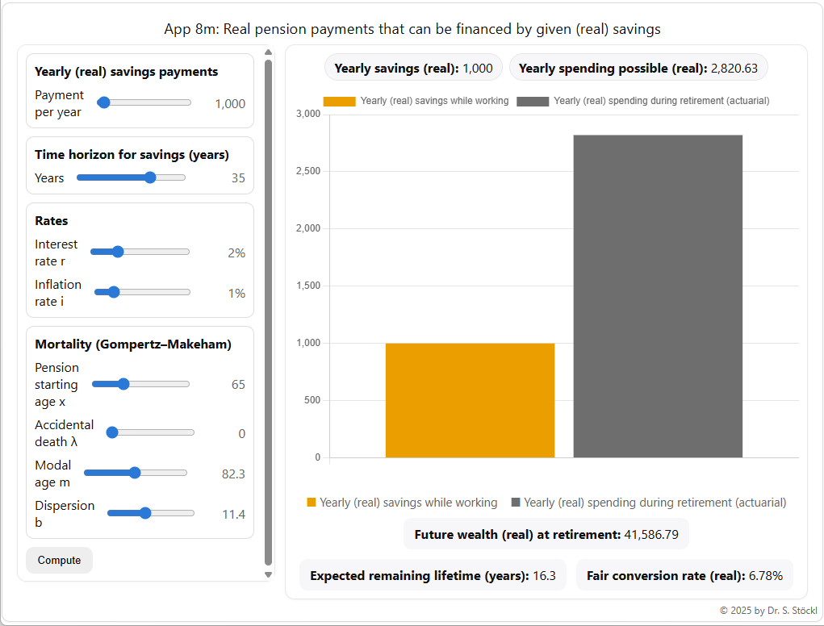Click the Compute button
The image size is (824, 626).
click(x=59, y=561)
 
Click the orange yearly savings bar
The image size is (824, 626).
click(x=470, y=400)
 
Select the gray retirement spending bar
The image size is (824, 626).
click(x=658, y=296)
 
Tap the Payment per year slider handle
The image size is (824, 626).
click(x=103, y=102)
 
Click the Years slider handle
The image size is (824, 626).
click(x=150, y=177)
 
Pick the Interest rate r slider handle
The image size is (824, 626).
click(x=118, y=252)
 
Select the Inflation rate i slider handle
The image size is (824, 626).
click(x=114, y=292)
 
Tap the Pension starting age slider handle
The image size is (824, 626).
click(x=123, y=384)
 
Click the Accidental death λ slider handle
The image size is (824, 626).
click(x=112, y=432)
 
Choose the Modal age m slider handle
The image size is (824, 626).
click(x=135, y=473)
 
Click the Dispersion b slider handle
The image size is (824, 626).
click(x=145, y=513)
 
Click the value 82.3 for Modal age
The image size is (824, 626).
click(x=233, y=474)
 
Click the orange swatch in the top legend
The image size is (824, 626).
click(x=339, y=102)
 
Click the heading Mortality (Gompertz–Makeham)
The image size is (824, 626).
click(x=133, y=344)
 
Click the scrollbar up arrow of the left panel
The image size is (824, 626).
click(x=268, y=53)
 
